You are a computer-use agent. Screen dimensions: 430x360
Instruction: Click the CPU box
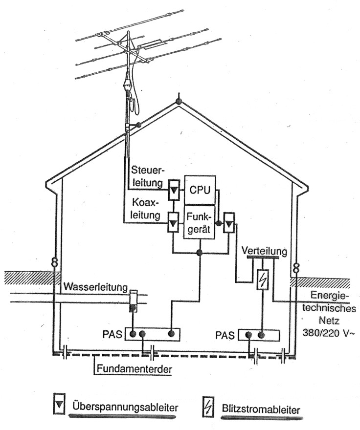200,190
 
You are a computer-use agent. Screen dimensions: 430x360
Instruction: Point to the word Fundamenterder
133,369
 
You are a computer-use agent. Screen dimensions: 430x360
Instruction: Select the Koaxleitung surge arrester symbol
173,223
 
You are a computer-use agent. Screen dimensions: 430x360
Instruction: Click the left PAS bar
152,334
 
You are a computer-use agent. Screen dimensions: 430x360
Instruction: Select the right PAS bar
259,335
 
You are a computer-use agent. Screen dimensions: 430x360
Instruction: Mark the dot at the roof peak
179,102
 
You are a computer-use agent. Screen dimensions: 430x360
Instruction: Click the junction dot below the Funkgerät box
199,253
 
